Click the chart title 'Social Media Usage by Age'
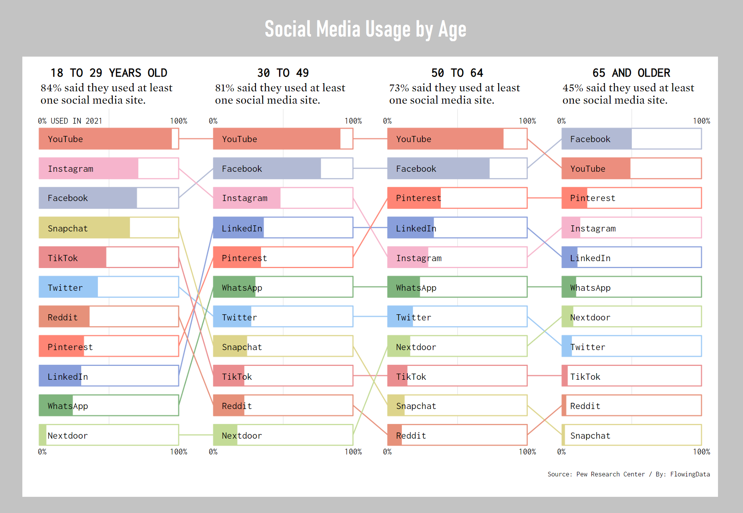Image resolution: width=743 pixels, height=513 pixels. coord(365,30)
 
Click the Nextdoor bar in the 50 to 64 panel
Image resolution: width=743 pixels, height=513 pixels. coord(457,346)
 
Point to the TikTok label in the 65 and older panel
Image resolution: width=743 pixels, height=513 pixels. coord(585,377)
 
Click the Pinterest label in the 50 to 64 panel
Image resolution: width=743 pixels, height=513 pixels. coord(418,198)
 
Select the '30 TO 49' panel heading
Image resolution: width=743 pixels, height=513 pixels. coord(283,73)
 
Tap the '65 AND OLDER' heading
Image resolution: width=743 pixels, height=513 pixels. coord(631,73)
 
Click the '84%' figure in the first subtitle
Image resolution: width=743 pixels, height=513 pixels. coord(51,88)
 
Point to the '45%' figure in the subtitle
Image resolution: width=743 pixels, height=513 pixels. coord(572,88)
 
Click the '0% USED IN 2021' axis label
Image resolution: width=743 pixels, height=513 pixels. coord(70,121)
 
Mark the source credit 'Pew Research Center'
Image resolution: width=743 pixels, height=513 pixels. coord(610,474)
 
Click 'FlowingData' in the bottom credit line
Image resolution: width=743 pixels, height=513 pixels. coord(690,474)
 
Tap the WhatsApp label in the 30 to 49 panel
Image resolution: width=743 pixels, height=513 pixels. coord(242,288)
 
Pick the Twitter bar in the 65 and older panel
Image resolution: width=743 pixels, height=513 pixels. coord(631,346)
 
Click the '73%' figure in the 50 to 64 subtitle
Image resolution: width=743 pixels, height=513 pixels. coord(399,88)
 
